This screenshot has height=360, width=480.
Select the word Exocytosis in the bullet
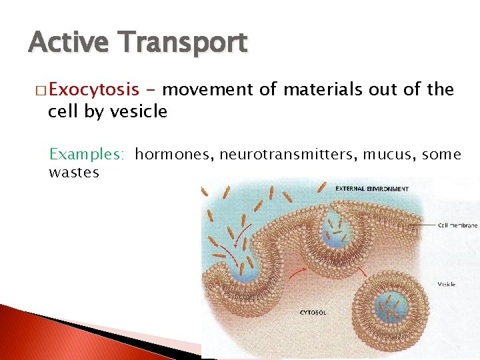pos(93,89)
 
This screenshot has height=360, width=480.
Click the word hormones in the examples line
pos(174,155)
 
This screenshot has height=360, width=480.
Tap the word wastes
pos(74,173)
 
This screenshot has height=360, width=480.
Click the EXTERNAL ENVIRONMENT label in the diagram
pos(372,189)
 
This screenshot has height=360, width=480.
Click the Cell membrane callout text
pos(458,225)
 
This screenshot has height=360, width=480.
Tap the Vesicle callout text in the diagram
pos(446,283)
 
